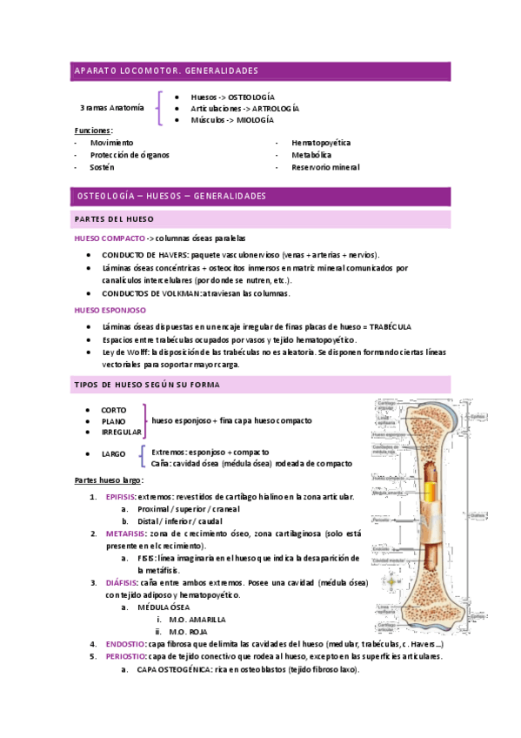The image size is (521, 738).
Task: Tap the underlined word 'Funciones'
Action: click(x=93, y=131)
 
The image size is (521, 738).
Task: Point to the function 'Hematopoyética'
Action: click(x=321, y=142)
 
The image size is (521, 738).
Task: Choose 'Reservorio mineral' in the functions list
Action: click(x=325, y=167)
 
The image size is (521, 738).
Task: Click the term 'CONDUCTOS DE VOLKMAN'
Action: click(x=150, y=293)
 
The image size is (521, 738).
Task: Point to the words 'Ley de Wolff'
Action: click(x=125, y=352)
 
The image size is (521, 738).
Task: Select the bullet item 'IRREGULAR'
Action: click(x=121, y=433)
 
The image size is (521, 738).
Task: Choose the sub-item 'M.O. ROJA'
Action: click(x=190, y=632)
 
